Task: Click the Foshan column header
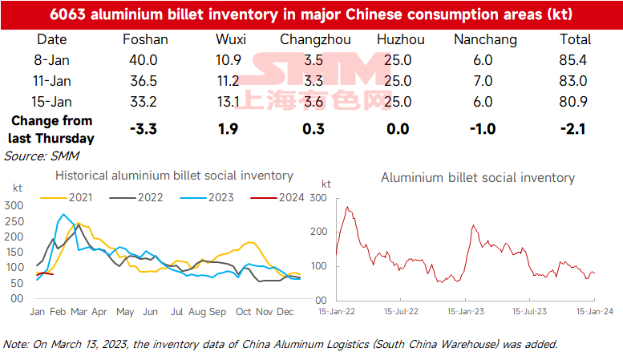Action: point(145,39)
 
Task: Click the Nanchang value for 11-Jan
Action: point(484,81)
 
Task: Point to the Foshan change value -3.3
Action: point(145,129)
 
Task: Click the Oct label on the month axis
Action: point(244,311)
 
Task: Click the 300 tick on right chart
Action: point(319,196)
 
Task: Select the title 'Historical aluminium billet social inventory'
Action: point(173,176)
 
